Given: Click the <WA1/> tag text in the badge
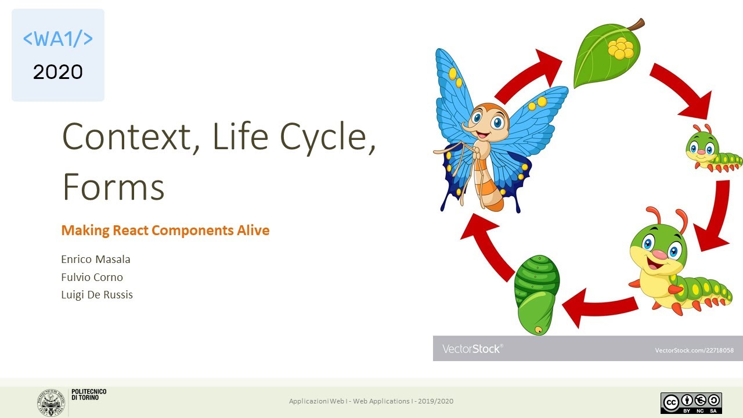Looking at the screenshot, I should pos(58,39).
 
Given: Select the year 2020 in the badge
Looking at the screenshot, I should pos(58,72).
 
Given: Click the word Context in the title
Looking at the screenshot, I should pos(127,137).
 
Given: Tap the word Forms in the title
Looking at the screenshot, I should pos(113,188).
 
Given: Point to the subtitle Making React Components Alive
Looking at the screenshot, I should pos(165,230).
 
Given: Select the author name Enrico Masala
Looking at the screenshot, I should pos(96,259).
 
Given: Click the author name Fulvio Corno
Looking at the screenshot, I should pos(92,277).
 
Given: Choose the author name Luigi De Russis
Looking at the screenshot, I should pos(97,295).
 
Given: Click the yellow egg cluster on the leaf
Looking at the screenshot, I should pos(621,48).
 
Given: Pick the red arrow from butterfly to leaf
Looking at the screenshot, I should pos(528,75).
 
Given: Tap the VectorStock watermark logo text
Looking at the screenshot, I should pos(472,349).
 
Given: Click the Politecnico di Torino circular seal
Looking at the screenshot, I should pos(51,402).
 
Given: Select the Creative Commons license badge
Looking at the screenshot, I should pos(691,403).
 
